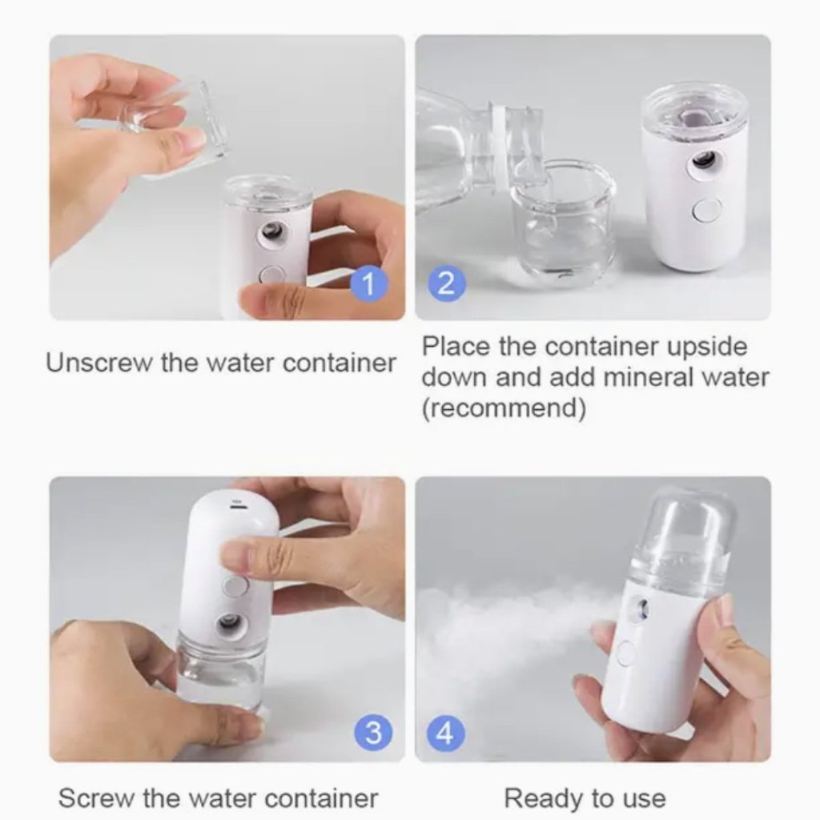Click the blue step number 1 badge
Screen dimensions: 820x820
369,283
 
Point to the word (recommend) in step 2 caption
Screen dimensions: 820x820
504,408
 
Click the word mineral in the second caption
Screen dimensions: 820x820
629,377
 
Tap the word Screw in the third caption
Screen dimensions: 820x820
97,798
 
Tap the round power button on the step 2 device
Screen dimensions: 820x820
706,210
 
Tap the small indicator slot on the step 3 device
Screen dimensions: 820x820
237,505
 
